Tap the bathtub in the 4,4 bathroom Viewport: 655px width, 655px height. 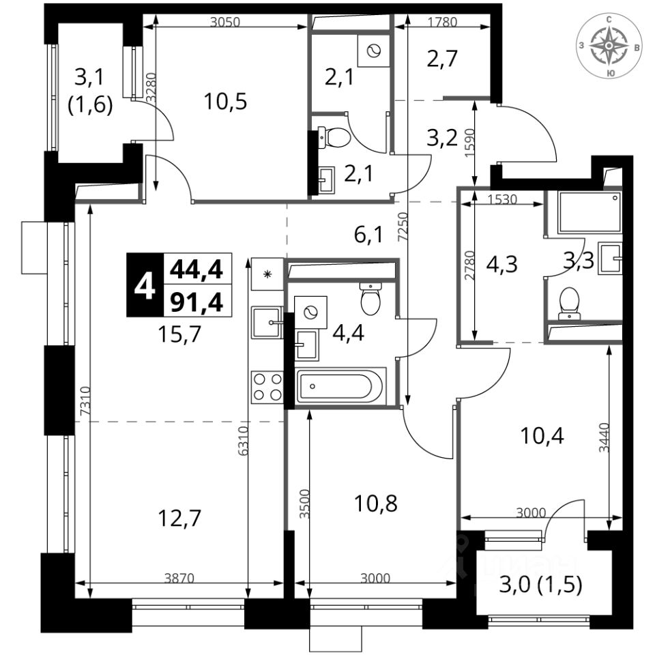(341, 386)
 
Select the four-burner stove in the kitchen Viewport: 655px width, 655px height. (267, 388)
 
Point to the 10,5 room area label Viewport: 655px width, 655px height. (225, 102)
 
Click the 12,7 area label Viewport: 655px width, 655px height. (179, 519)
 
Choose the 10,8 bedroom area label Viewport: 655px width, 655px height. (375, 504)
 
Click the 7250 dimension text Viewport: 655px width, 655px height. (403, 227)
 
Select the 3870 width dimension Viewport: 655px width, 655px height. (179, 578)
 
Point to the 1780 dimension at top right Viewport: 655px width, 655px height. (442, 22)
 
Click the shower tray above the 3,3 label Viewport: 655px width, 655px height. (589, 212)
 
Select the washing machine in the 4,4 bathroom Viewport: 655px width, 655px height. (310, 312)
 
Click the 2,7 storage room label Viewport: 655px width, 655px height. (442, 59)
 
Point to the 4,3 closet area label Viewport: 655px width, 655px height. (502, 265)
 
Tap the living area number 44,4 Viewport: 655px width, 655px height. (196, 269)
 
